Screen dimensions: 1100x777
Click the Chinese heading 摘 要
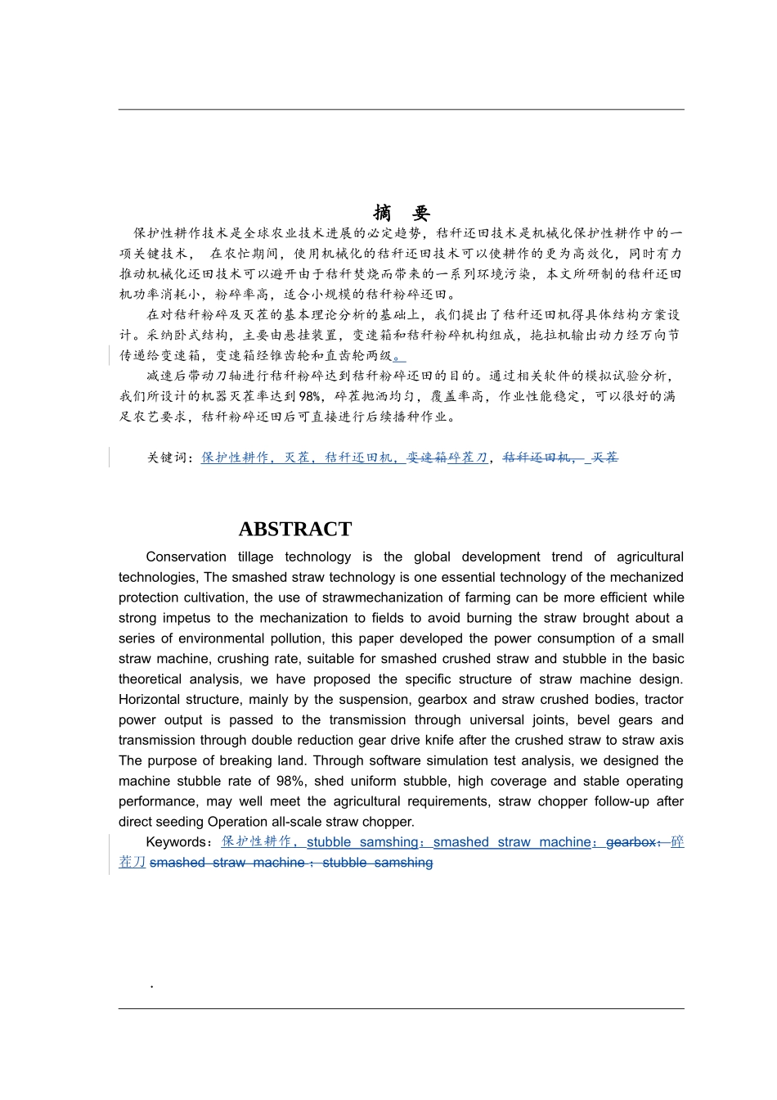click(401, 214)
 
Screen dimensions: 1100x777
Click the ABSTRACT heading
click(294, 530)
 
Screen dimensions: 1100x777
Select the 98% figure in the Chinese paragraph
click(309, 396)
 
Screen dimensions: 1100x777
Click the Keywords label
click(176, 842)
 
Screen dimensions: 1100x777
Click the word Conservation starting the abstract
click(186, 557)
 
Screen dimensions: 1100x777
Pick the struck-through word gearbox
click(631, 842)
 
